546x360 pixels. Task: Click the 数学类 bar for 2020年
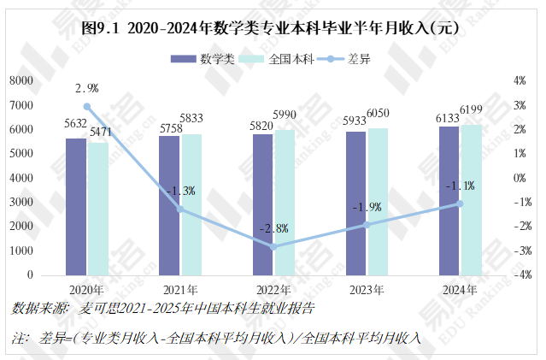[76, 207]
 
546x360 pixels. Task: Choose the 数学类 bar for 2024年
[449, 201]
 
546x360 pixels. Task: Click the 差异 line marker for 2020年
[87, 107]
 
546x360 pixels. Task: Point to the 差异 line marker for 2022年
[273, 246]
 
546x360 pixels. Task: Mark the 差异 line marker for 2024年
[460, 204]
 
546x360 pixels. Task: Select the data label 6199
[472, 109]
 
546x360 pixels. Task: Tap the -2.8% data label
[273, 228]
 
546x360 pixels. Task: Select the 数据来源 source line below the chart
[162, 308]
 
